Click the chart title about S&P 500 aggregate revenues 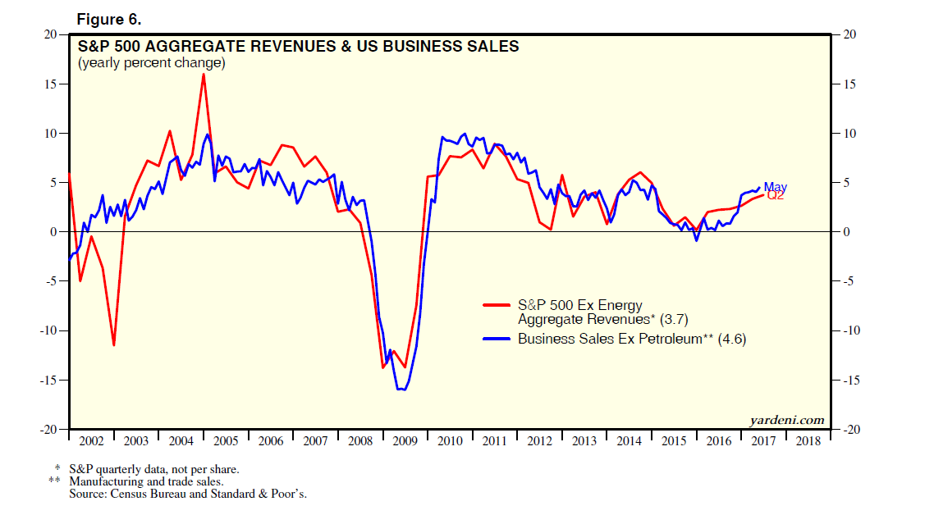(298, 47)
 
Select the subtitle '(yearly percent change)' (151, 62)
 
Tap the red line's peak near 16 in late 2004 (203, 75)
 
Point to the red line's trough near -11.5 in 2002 (113, 344)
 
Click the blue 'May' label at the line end (775, 187)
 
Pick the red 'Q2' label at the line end (776, 195)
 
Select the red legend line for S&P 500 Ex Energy (498, 306)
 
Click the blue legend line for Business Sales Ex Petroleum (498, 339)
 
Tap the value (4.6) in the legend (732, 339)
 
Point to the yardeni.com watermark (786, 420)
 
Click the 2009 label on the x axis (405, 441)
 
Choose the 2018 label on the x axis (808, 441)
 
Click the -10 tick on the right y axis (848, 331)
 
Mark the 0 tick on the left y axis (54, 232)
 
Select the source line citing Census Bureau (188, 494)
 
